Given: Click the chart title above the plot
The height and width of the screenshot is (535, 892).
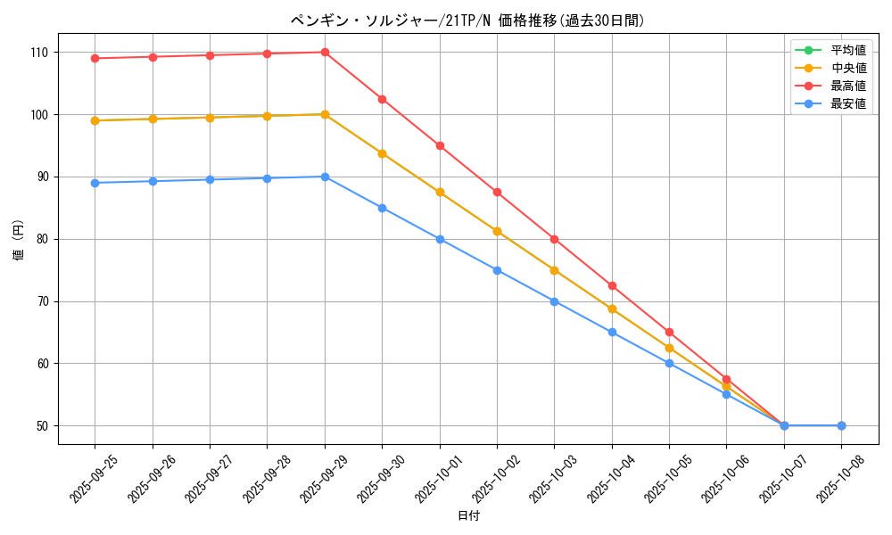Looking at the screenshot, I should click(467, 21).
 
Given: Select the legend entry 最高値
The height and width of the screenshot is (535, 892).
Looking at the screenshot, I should click(847, 86).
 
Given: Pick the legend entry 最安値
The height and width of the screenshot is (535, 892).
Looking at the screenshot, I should click(847, 103).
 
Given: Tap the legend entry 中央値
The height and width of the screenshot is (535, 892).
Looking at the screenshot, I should click(847, 68).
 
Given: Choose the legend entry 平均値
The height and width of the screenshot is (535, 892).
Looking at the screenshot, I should click(847, 50).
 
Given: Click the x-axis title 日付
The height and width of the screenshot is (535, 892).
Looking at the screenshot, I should click(468, 516).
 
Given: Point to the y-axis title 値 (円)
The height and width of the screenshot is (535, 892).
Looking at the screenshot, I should click(19, 240).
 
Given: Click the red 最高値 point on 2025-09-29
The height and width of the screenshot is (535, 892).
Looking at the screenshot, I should click(325, 53).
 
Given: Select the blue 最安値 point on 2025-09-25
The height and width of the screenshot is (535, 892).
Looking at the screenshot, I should click(95, 183).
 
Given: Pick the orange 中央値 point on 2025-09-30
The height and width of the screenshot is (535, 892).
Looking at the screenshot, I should click(382, 153).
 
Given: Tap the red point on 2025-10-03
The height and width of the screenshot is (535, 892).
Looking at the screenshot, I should click(554, 239).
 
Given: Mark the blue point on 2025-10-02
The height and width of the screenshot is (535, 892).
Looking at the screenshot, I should click(497, 270).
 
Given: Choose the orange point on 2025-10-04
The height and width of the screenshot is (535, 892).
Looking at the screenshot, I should click(612, 309).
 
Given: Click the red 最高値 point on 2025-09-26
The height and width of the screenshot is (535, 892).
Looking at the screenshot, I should click(153, 57).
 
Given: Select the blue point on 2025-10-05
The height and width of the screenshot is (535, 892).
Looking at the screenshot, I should click(669, 364).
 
